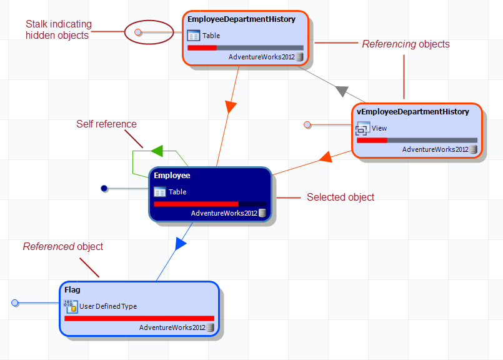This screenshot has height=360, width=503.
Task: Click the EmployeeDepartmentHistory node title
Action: [x=241, y=19]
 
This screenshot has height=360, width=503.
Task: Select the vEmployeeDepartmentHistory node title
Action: [x=412, y=111]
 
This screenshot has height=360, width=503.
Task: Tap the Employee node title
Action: [x=172, y=176]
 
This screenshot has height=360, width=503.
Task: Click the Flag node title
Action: [x=72, y=290]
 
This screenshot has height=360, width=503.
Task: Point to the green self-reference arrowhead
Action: [x=157, y=151]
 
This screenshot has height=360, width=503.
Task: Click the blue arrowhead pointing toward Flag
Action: [x=180, y=244]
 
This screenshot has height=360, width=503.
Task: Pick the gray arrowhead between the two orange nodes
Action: [x=341, y=91]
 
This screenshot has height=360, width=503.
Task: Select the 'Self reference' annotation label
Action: [x=106, y=124]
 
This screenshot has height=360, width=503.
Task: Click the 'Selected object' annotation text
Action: [x=341, y=197]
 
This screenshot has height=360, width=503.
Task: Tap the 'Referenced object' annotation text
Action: [x=63, y=247]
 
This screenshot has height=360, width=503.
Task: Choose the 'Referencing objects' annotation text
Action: [x=406, y=44]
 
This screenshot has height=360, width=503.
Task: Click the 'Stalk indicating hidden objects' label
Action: [x=58, y=30]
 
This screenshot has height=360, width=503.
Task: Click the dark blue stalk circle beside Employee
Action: [x=104, y=188]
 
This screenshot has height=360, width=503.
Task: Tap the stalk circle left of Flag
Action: [x=16, y=303]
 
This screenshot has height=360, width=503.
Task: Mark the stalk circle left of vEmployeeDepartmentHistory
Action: [x=307, y=125]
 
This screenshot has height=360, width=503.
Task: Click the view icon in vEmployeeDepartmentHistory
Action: [x=362, y=129]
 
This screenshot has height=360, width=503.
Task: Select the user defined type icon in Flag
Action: [x=71, y=306]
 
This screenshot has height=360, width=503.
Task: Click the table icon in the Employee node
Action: [x=160, y=192]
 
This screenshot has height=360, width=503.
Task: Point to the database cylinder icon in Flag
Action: [x=211, y=327]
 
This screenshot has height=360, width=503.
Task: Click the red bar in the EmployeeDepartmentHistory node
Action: [x=202, y=47]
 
